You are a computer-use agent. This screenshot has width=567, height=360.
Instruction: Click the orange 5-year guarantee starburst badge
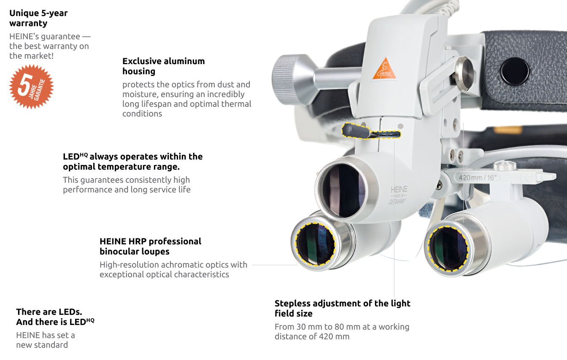pos(31,87)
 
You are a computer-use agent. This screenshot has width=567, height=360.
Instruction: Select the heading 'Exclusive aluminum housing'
pos(164,66)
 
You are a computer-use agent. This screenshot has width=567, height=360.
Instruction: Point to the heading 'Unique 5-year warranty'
pos(38,18)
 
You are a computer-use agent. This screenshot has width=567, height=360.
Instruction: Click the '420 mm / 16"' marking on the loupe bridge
pos(478,177)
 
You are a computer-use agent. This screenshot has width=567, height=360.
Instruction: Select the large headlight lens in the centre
pos(341,190)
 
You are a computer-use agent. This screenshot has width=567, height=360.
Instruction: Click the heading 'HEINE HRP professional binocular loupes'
pos(150,246)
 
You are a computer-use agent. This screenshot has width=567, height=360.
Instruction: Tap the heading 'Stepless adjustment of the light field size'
pos(342,309)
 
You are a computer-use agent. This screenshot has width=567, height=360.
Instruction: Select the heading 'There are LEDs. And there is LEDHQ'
pos(55,317)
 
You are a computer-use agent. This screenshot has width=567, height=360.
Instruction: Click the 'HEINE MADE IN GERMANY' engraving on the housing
pos(398,195)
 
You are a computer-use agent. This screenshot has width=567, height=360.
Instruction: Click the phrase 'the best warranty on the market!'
pos(49,51)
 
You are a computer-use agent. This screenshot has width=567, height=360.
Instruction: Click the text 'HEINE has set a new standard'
pos(45,340)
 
